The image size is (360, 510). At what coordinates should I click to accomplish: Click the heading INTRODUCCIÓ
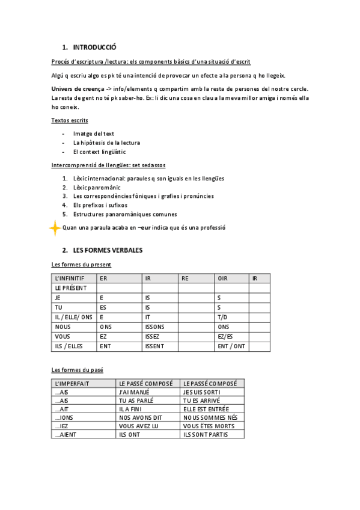[x=94, y=47]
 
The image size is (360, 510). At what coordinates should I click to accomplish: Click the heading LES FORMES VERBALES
[x=108, y=250]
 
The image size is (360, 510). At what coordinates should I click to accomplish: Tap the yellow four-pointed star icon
[x=55, y=228]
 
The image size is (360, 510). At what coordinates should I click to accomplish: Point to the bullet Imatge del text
[x=94, y=134]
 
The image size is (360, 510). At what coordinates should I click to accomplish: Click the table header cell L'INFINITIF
[x=70, y=278]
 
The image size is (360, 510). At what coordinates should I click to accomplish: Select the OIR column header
[x=223, y=278]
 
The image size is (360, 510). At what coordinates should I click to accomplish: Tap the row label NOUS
[x=62, y=327]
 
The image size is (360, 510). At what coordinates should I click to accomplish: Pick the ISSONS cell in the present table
[x=154, y=327]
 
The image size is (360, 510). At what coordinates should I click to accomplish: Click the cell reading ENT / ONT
[x=231, y=346]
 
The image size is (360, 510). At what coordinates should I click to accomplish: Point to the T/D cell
[x=222, y=317]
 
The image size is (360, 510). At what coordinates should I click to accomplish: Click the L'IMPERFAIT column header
[x=75, y=383]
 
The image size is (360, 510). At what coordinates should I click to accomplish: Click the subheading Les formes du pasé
[x=78, y=369]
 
